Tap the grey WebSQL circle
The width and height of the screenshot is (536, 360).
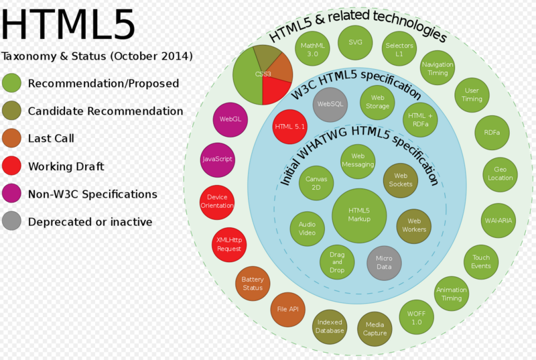[330, 105]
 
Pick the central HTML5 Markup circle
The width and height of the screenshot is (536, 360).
[359, 215]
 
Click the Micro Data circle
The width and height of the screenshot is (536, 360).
[384, 263]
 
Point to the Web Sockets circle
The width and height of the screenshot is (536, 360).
[401, 180]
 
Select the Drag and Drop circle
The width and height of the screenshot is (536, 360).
[337, 262]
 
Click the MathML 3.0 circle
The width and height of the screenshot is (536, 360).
[312, 50]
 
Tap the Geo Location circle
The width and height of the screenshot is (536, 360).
[500, 174]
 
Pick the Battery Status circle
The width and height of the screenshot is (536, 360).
[253, 284]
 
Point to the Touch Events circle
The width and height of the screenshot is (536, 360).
[481, 261]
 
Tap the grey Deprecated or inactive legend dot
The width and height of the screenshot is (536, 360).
[11, 221]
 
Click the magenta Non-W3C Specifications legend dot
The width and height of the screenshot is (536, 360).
[11, 194]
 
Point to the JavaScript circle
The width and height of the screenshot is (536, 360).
[217, 160]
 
